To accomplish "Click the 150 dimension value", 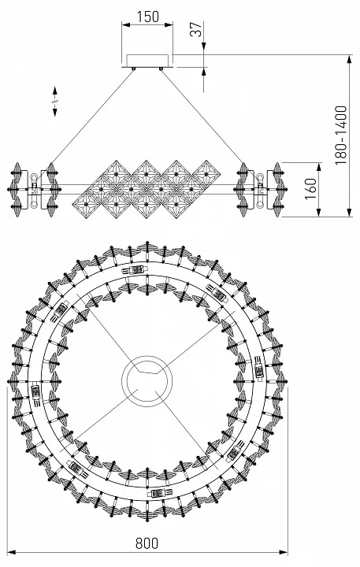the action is click(x=147, y=17).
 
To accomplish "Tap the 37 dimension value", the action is click(x=195, y=29).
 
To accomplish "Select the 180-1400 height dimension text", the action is click(x=340, y=135).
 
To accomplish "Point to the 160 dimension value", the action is click(x=310, y=189).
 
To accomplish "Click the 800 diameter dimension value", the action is click(x=147, y=543).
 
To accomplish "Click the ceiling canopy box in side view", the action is click(x=147, y=61).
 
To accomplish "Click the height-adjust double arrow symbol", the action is click(x=55, y=102).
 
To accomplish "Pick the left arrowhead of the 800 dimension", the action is click(x=12, y=552).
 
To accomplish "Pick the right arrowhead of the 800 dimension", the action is click(x=284, y=552).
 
